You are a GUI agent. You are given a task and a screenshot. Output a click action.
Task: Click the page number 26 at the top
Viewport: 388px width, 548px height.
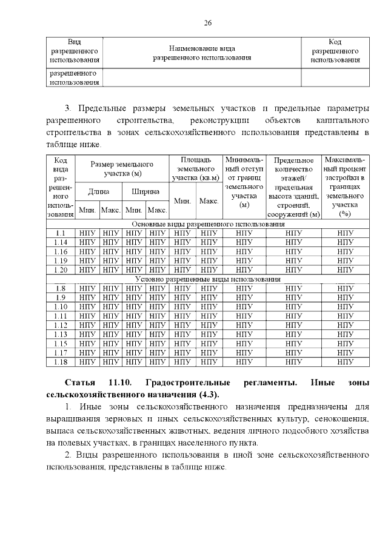coord(207,22)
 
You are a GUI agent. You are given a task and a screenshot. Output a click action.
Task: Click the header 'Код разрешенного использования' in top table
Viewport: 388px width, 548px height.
coord(335,51)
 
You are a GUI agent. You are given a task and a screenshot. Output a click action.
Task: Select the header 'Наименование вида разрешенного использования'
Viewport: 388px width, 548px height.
coord(201,52)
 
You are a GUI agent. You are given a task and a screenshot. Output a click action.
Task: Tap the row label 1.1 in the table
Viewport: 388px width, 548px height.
coord(61,233)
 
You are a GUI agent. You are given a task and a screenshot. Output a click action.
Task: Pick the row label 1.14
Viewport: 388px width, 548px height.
coord(61,242)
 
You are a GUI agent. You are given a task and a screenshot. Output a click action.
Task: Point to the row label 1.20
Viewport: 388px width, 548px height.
coord(61,269)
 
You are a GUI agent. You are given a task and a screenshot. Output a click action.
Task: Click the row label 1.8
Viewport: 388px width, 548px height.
coord(61,288)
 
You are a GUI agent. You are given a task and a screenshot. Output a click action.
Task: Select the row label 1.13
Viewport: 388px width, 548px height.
coord(61,334)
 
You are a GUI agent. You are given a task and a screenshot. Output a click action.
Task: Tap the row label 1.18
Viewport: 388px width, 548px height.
coord(61,362)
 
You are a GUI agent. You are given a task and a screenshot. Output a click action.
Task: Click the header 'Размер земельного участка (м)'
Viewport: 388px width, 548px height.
coord(122,169)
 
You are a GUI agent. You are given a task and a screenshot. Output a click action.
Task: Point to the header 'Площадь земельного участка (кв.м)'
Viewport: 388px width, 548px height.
coord(196,169)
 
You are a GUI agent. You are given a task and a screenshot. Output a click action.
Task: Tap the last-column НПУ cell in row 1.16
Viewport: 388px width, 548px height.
coord(345,251)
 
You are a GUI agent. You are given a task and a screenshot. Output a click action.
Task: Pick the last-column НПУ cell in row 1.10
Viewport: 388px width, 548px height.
coord(345,306)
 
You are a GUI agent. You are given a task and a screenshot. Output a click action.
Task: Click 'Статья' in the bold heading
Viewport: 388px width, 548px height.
coord(79,384)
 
